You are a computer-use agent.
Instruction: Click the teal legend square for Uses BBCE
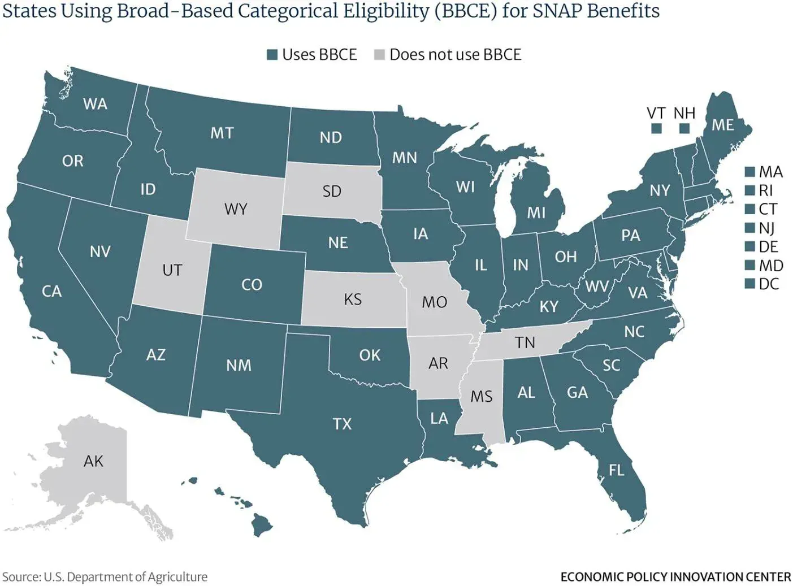[x=272, y=55]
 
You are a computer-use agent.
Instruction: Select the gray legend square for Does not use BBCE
[x=379, y=55]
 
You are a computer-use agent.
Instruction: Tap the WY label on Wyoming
[x=236, y=209]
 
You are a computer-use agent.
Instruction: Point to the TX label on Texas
[x=343, y=424]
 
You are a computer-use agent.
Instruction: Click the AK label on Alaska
[x=93, y=461]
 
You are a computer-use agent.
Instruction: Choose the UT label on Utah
[x=172, y=270]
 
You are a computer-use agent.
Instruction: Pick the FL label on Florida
[x=617, y=470]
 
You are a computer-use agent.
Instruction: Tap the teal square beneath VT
[x=656, y=128]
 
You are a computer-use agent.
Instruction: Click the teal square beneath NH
[x=684, y=128]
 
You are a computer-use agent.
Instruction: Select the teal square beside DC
[x=749, y=284]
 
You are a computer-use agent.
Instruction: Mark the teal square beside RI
[x=749, y=190]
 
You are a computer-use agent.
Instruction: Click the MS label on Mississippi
[x=481, y=397]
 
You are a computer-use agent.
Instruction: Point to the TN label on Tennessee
[x=525, y=342]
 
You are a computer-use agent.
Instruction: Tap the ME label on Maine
[x=722, y=125]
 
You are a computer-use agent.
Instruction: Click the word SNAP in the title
[x=557, y=11]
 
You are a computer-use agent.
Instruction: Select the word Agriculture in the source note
[x=177, y=577]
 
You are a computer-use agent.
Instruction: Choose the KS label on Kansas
[x=353, y=299]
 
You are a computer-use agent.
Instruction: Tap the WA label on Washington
[x=95, y=104]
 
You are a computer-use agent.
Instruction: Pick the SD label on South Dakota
[x=332, y=191]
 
